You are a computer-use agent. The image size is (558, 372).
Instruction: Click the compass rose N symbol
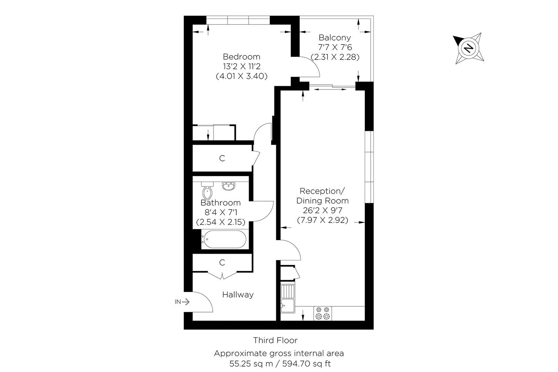[468, 48]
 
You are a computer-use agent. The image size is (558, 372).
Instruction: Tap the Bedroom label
[241, 56]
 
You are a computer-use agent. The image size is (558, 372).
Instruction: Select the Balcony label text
[334, 38]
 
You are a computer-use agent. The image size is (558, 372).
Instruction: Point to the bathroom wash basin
[228, 186]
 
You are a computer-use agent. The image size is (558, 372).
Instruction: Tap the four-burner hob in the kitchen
[322, 313]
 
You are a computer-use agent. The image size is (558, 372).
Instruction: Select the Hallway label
[238, 294]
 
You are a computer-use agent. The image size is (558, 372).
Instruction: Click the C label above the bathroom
[222, 158]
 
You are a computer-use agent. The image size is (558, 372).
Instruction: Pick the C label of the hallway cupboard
[222, 263]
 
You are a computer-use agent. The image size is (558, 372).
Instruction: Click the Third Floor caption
[275, 340]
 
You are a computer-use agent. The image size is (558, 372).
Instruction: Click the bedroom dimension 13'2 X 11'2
[241, 66]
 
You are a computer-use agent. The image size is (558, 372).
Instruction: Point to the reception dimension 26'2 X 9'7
[322, 210]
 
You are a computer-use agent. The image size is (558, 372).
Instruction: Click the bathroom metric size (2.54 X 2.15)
[220, 223]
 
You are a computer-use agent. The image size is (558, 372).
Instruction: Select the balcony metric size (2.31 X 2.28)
[335, 57]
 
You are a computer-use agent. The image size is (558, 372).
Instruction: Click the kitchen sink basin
[287, 305]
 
